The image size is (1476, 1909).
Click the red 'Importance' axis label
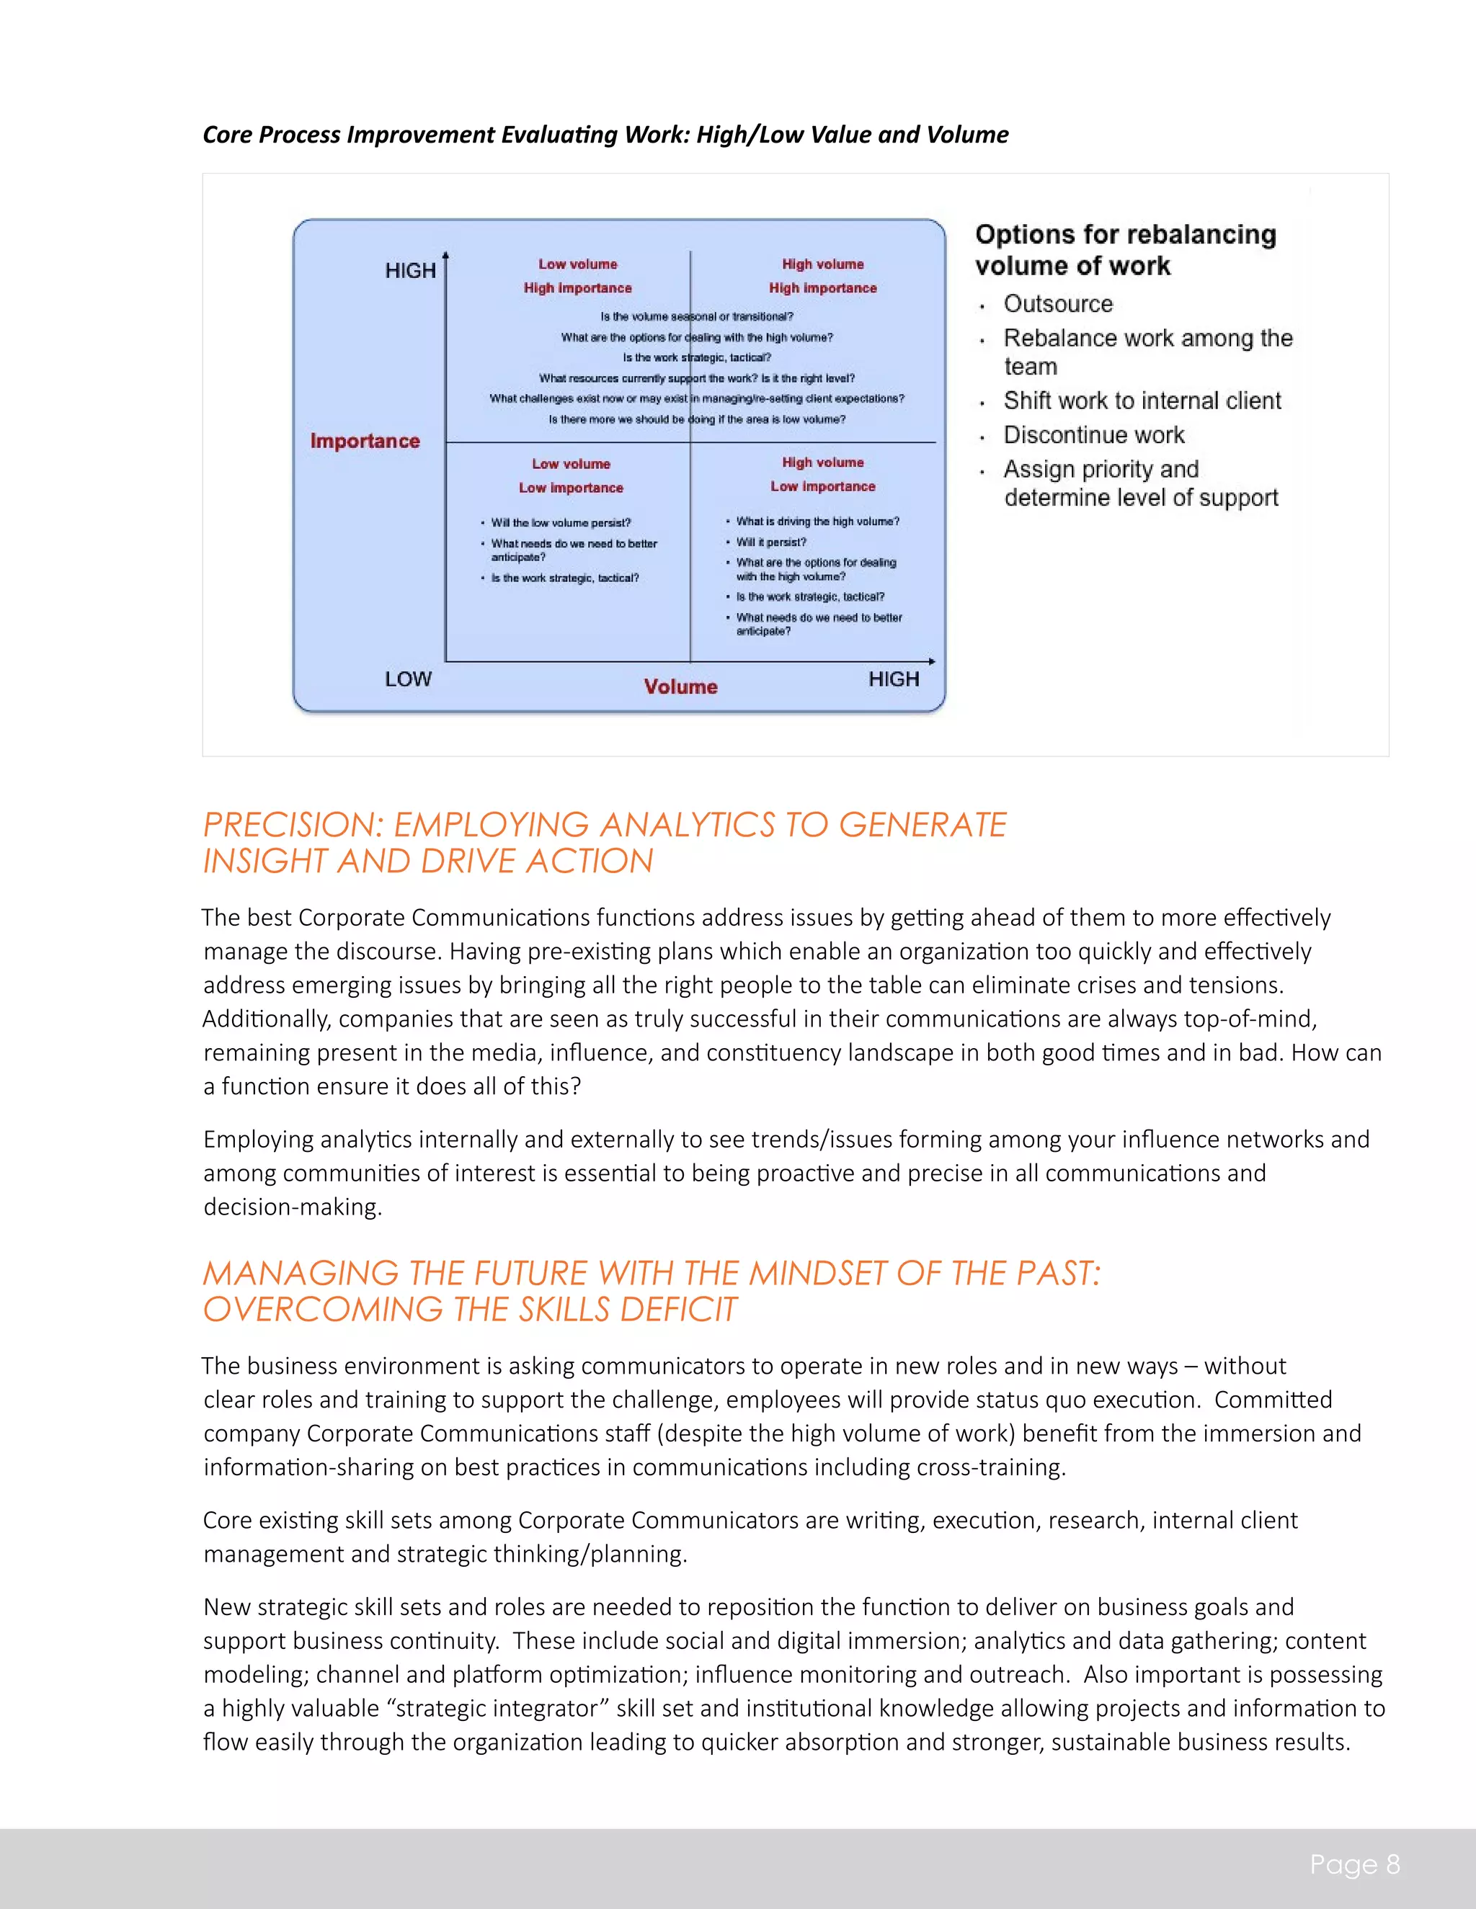point(365,441)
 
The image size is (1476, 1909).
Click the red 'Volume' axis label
point(680,686)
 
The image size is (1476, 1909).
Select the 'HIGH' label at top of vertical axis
point(410,271)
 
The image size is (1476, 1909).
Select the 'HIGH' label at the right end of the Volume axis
point(893,679)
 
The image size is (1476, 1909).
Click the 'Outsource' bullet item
point(1057,304)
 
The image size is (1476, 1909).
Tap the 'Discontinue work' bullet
point(1093,434)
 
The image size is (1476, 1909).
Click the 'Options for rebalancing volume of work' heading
point(1124,250)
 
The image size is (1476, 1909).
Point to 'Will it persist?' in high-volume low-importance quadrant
point(770,542)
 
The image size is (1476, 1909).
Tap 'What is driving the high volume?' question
point(817,522)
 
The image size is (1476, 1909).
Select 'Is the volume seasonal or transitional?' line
point(696,316)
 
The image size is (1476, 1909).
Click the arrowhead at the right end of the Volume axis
point(932,662)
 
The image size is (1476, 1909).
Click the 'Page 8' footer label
point(1353,1864)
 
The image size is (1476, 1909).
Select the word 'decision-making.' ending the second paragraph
point(292,1207)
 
